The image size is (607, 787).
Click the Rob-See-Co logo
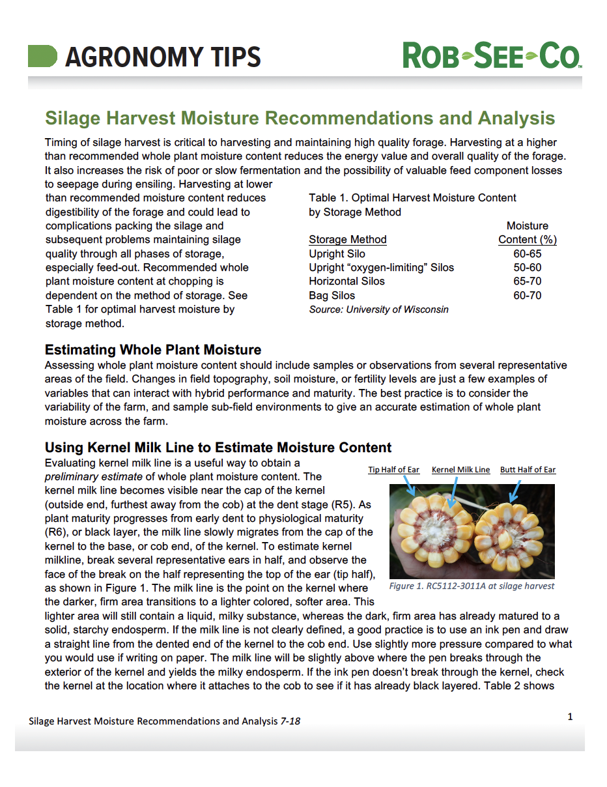492,55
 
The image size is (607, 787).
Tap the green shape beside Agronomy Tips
42,56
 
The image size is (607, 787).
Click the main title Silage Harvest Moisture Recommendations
300,118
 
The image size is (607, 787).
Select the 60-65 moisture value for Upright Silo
527,253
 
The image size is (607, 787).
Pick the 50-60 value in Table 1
527,267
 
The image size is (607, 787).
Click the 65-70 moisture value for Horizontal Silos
527,281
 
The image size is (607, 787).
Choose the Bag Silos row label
332,295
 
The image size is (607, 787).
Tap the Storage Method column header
347,239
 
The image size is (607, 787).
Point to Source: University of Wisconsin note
378,309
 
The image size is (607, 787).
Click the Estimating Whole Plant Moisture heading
152,350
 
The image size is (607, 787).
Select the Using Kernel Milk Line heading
218,448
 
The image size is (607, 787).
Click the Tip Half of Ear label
393,470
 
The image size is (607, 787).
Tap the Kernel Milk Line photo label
460,470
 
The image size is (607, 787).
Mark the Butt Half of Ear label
528,470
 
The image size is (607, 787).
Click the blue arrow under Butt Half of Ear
515,489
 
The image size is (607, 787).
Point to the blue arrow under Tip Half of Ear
409,485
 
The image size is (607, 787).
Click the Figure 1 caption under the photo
472,586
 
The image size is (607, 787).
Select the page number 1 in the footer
570,717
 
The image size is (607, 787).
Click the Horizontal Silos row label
346,281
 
